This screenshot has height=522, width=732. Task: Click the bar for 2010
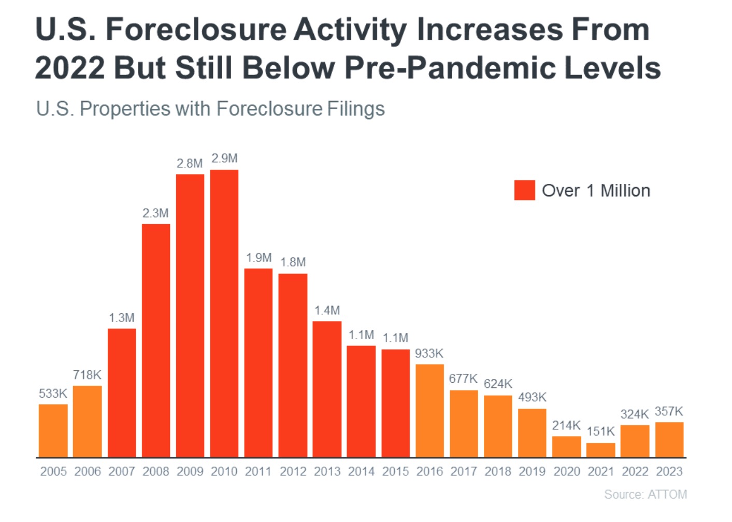pos(224,313)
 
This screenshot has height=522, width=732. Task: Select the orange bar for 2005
pos(53,430)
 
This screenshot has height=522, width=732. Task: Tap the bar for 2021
pos(600,450)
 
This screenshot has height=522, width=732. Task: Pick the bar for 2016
pos(429,410)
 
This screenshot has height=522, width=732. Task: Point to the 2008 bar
pos(156,340)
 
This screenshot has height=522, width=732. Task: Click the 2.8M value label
pos(190,164)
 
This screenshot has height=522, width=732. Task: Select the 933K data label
pos(429,354)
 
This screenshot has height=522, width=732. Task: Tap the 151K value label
pos(600,431)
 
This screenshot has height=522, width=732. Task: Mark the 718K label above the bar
pos(87,375)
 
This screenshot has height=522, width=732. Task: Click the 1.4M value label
pos(327,311)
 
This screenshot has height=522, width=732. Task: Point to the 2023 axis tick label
pos(669,472)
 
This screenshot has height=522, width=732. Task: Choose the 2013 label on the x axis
pos(327,472)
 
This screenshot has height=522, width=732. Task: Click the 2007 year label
pos(122,472)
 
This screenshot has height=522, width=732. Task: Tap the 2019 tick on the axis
pos(532,472)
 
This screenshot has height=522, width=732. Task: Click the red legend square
pos(524,191)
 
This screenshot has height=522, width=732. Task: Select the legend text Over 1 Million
pos(596,191)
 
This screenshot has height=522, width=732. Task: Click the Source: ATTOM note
pos(645,495)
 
